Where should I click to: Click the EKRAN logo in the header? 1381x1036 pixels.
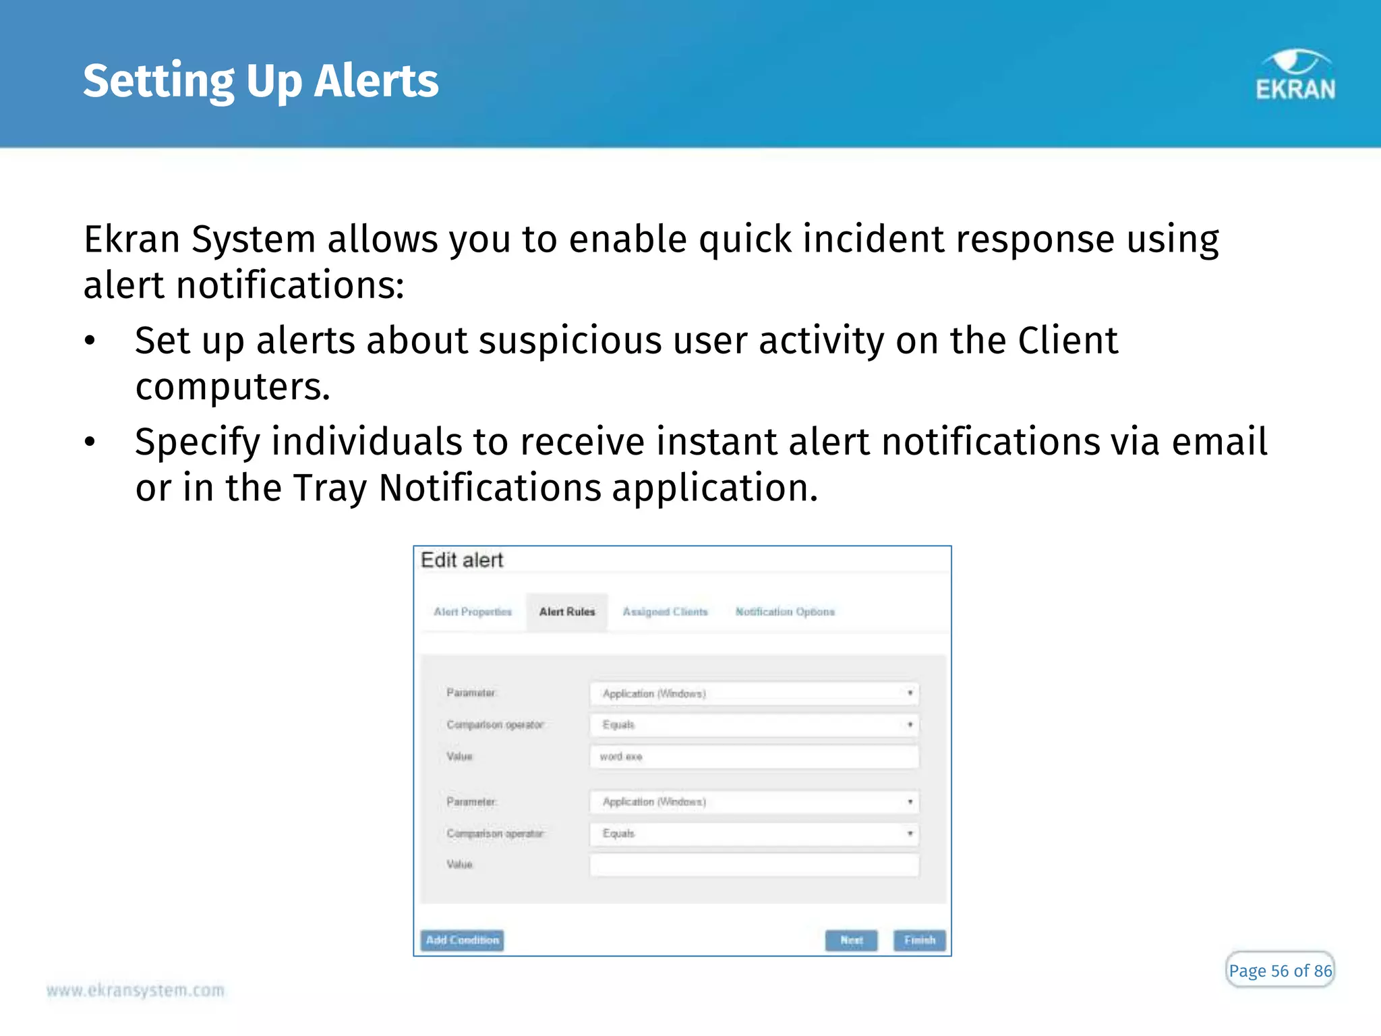1295,76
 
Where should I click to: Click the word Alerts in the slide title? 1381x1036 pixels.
376,81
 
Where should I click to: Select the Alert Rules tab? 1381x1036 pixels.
567,612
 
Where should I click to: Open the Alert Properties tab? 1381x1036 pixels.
473,612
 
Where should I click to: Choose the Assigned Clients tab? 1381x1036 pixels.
665,612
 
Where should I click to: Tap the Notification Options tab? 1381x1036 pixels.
785,612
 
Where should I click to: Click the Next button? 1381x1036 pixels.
851,940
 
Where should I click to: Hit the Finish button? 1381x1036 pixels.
919,940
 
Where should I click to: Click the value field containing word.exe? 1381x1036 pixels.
754,757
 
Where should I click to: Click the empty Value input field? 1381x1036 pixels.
754,865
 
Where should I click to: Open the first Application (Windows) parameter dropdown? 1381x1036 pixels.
754,693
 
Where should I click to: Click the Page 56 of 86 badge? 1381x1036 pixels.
1279,971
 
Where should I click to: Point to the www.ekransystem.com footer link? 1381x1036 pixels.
136,990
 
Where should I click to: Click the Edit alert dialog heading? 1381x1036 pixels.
463,560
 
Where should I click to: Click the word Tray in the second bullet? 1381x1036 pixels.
330,488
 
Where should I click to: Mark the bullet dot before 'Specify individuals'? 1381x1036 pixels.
90,442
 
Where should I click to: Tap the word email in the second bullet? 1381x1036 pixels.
1219,442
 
